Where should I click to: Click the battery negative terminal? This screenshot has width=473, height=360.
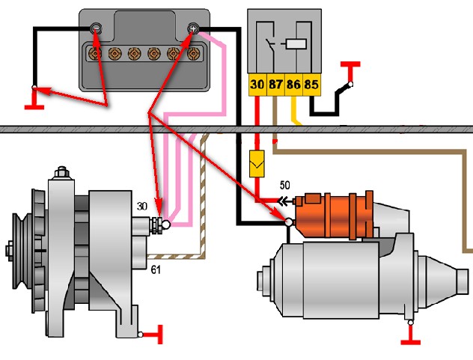96,29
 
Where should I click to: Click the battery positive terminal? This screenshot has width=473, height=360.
193,29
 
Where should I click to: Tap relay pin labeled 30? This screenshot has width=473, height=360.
257,85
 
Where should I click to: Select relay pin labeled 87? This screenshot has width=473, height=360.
275,85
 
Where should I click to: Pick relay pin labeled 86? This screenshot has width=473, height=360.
293,85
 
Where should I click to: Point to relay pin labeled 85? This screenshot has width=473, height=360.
311,85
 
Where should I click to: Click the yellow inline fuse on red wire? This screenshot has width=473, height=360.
257,164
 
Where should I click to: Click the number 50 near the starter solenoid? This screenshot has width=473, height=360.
284,185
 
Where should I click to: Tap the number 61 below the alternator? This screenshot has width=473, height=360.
156,269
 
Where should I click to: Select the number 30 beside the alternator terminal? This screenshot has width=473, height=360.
142,206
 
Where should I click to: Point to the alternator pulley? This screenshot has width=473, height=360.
20,251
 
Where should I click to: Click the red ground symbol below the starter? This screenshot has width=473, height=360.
411,337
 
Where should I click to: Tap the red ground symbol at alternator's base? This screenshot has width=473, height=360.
156,335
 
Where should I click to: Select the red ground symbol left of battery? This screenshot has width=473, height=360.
34,100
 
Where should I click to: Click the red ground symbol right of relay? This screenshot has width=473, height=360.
350,70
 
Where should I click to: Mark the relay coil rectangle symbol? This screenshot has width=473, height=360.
296,44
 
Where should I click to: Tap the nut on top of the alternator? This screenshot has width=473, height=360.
61,173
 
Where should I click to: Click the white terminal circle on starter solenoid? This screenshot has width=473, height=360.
289,222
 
